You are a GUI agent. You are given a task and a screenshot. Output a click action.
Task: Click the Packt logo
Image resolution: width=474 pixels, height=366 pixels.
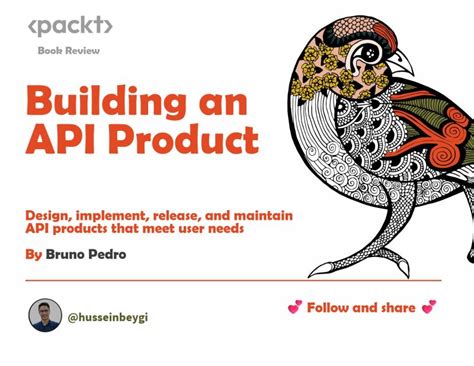[x=70, y=27]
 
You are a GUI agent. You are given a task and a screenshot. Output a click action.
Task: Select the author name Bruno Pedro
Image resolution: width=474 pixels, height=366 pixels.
[x=86, y=254]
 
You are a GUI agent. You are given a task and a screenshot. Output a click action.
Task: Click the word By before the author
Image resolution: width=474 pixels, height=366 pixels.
[x=33, y=254]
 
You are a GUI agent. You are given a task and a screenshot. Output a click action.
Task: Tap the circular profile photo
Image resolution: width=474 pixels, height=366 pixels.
[x=45, y=315]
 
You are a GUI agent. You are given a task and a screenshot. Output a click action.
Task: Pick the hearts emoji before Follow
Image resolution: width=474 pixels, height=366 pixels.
[x=293, y=307]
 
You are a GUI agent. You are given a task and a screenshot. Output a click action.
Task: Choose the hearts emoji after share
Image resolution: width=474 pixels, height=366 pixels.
[x=428, y=307]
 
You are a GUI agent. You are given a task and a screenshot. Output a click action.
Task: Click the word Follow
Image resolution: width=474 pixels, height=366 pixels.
[x=332, y=307]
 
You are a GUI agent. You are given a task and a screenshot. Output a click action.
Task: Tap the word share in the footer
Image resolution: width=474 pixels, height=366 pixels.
[x=396, y=307]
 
